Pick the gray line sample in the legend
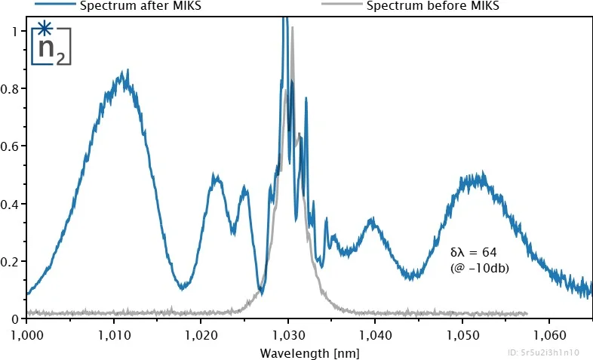pyautogui.click(x=337, y=4)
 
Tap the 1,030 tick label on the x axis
pyautogui.click(x=287, y=333)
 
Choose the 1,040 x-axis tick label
pyautogui.click(x=375, y=333)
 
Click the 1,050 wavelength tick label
pyautogui.click(x=462, y=333)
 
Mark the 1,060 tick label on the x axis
pyautogui.click(x=549, y=333)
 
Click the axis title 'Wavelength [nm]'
pyautogui.click(x=309, y=352)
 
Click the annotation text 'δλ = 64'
pyautogui.click(x=473, y=251)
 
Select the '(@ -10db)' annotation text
pyautogui.click(x=478, y=266)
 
